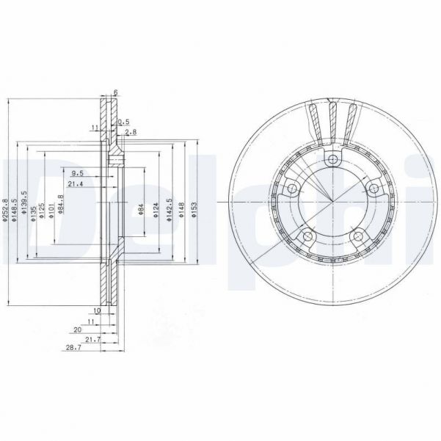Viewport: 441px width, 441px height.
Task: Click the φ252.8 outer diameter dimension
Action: click(5, 209)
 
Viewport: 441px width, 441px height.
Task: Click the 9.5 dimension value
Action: click(77, 174)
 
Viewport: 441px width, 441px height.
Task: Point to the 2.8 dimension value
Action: click(131, 132)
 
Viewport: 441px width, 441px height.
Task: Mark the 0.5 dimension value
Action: click(123, 121)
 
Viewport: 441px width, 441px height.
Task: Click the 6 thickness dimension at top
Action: click(115, 92)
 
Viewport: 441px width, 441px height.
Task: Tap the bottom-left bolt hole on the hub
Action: click(307, 236)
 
